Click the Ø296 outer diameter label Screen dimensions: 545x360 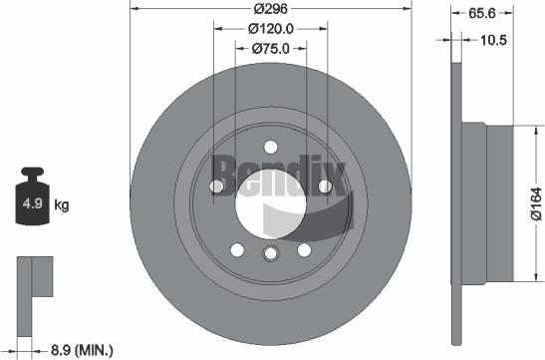tap(270, 8)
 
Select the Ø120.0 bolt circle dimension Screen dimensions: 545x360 tap(271, 29)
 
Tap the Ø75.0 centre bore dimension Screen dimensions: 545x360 tap(270, 49)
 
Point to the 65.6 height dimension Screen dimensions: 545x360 tap(482, 13)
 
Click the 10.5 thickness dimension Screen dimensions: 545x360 tap(493, 40)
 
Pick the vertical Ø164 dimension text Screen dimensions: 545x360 tap(536, 203)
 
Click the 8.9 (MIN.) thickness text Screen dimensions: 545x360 tap(82, 350)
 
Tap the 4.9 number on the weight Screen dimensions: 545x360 tap(32, 203)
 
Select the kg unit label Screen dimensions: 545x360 tap(62, 204)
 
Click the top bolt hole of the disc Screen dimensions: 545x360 tap(271, 147)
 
